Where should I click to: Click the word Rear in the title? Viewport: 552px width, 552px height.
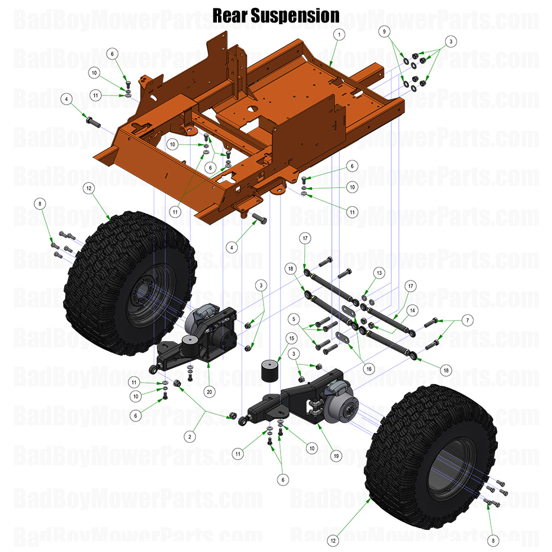pyautogui.click(x=230, y=15)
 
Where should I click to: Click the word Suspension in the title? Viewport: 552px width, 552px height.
pyautogui.click(x=295, y=16)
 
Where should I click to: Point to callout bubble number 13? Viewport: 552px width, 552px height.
pyautogui.click(x=379, y=273)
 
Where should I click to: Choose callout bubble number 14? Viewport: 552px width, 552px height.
pyautogui.click(x=412, y=310)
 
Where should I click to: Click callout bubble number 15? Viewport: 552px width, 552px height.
pyautogui.click(x=291, y=338)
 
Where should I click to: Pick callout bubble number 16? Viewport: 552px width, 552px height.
pyautogui.click(x=369, y=368)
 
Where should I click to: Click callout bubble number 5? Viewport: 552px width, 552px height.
pyautogui.click(x=292, y=319)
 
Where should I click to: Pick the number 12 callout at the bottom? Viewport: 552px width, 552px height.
pyautogui.click(x=333, y=540)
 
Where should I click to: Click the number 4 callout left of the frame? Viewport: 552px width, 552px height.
pyautogui.click(x=66, y=99)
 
